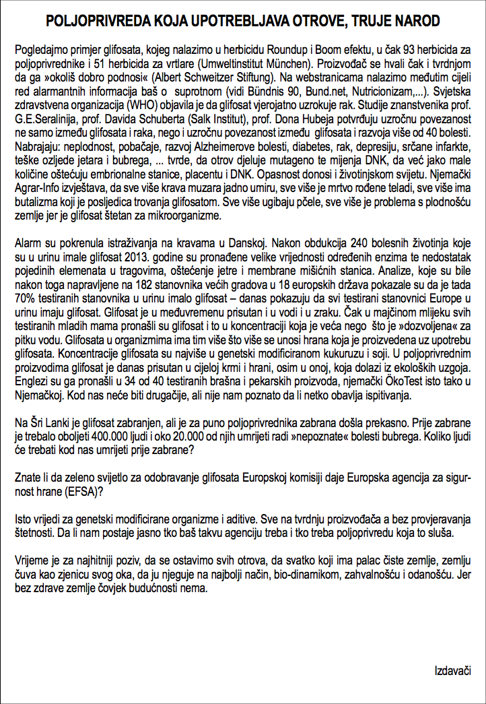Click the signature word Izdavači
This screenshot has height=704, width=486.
point(452,671)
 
